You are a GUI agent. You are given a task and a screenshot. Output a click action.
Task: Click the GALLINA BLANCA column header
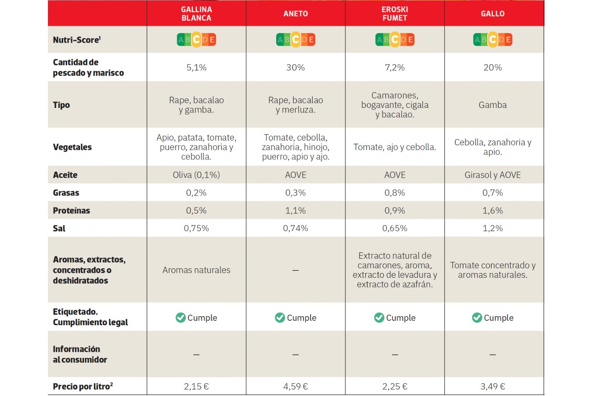coord(196,14)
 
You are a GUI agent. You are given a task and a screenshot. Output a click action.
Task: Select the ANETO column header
coord(296,14)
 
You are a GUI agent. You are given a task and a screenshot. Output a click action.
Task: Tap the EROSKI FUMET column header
coord(394,14)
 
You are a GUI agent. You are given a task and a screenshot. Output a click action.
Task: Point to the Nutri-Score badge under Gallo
coord(493,40)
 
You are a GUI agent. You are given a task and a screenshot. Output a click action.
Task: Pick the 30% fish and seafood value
coord(296,68)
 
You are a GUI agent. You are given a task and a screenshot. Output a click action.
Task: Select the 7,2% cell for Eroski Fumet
coord(394,68)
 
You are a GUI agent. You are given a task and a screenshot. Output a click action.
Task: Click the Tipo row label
coord(62,105)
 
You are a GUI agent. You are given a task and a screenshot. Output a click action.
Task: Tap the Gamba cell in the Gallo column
coord(493,105)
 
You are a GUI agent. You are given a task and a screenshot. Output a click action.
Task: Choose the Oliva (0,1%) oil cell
coord(196,175)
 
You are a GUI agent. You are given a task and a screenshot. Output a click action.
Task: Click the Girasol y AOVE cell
coord(493,175)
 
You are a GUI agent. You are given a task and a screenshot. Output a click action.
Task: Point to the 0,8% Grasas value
coord(394,193)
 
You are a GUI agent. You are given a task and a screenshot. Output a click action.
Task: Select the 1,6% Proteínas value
coord(493,211)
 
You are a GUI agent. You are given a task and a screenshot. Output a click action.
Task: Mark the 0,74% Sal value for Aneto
coord(296,229)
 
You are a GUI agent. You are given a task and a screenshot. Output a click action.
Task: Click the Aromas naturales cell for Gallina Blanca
coord(196,270)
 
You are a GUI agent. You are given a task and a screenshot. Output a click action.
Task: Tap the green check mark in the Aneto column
coord(280,317)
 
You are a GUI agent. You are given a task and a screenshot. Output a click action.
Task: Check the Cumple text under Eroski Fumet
coord(401,318)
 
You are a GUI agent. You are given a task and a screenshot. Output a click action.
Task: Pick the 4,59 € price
coord(296,387)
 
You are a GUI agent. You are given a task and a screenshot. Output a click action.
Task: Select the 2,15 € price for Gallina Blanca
coord(196,387)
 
